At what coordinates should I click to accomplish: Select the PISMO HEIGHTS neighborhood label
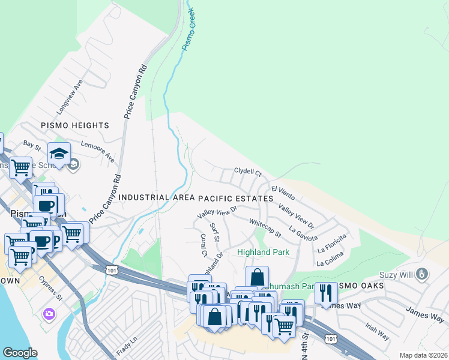pyautogui.click(x=75, y=125)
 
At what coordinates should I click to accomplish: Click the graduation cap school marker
pyautogui.click(x=59, y=154)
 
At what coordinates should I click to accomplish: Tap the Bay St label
pyautogui.click(x=31, y=145)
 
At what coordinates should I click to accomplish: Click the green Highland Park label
pyautogui.click(x=264, y=252)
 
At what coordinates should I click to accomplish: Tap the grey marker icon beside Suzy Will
pyautogui.click(x=423, y=275)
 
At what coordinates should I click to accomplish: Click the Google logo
pyautogui.click(x=20, y=353)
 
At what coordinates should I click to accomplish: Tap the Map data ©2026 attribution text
pyautogui.click(x=423, y=355)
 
